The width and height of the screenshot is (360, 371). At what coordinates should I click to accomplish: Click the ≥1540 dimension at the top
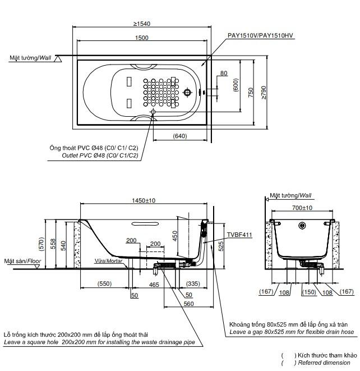[142, 24]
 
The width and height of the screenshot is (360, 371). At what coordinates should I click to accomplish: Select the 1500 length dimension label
[142, 38]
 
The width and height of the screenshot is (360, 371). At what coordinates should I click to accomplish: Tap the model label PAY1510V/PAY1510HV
[260, 35]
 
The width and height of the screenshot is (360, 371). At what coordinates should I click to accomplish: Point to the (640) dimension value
[180, 136]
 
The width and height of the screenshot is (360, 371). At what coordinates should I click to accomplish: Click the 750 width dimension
[251, 93]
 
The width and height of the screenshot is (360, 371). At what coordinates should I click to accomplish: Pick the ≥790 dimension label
[264, 93]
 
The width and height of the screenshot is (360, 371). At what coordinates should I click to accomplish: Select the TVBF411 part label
[239, 235]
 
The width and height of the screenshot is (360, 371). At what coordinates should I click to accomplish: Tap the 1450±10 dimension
[144, 200]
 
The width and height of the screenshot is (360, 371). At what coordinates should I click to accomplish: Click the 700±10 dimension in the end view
[302, 208]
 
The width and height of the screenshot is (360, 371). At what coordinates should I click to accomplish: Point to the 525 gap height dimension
[221, 246]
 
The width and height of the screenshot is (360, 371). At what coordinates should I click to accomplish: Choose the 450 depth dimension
[175, 236]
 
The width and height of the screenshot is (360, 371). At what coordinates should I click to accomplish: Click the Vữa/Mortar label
[108, 261]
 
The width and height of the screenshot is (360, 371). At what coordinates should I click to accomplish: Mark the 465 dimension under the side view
[154, 285]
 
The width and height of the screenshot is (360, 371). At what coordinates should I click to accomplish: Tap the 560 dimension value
[188, 304]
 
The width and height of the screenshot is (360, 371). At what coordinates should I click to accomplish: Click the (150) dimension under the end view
[309, 292]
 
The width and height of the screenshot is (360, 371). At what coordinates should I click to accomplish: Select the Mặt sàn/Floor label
[22, 261]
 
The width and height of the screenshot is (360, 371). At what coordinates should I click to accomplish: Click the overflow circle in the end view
[302, 226]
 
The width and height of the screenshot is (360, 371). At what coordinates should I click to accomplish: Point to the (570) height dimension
[41, 244]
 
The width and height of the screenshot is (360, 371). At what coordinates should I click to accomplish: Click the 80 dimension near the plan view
[224, 73]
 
